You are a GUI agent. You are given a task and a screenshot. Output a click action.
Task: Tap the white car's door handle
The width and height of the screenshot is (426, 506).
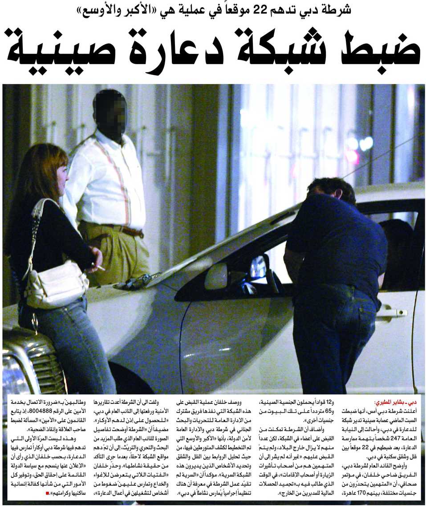[x=391, y=313]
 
